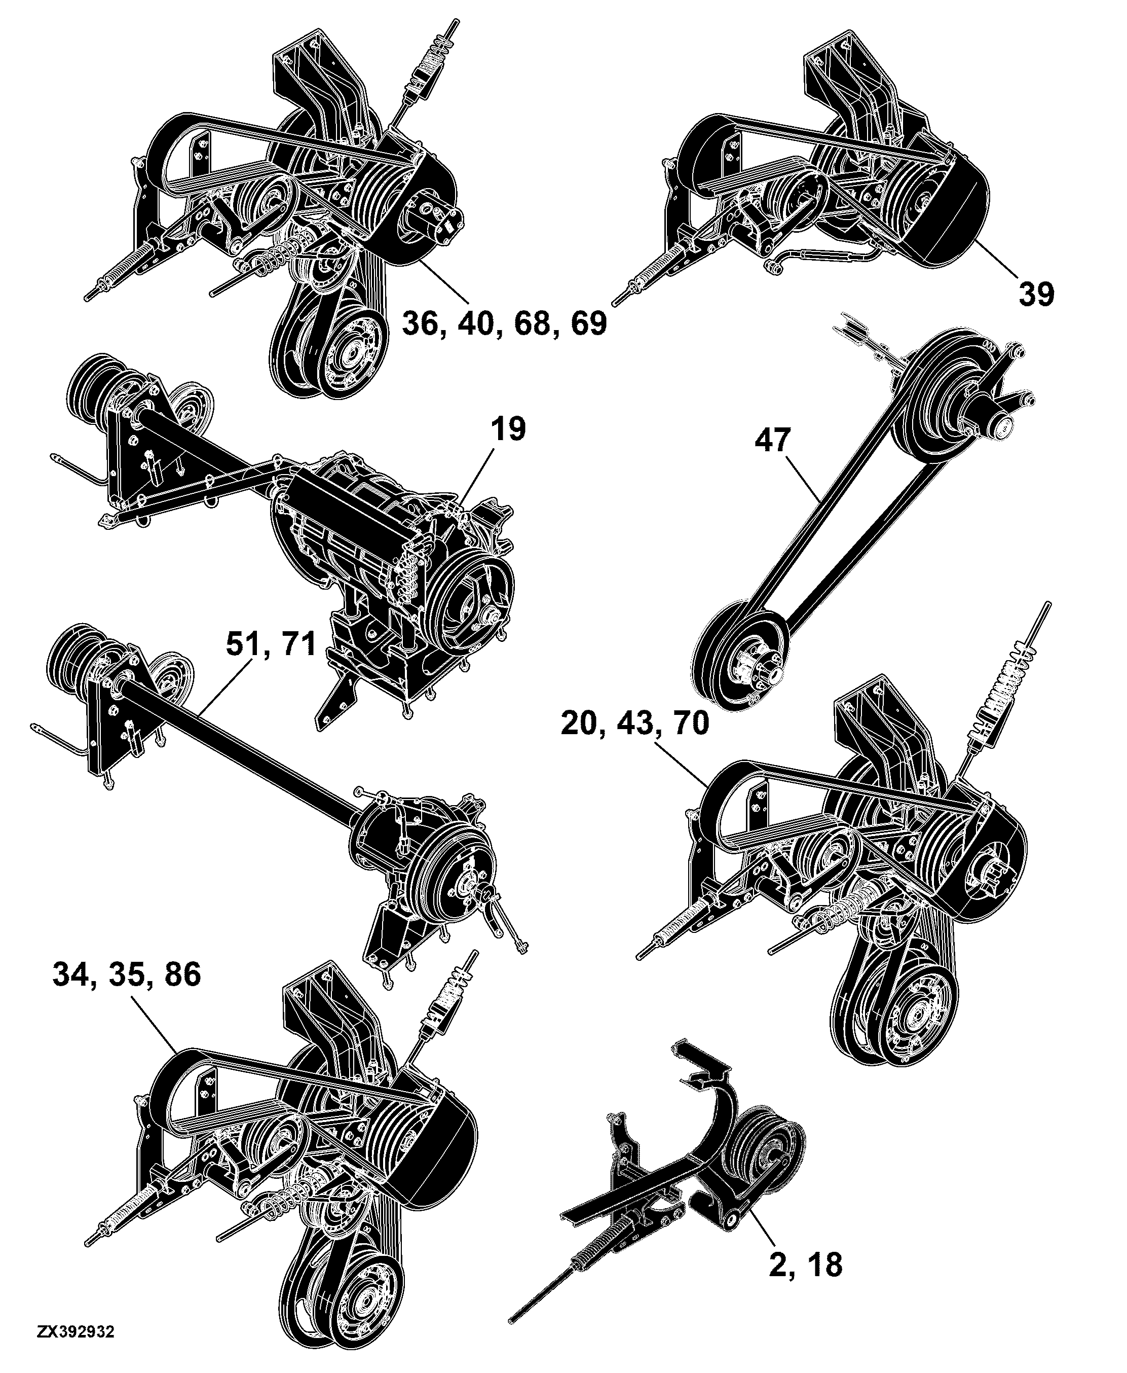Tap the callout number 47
[x=773, y=441]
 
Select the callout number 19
[x=508, y=429]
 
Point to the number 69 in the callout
[x=589, y=323]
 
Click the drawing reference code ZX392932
[x=76, y=1350]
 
